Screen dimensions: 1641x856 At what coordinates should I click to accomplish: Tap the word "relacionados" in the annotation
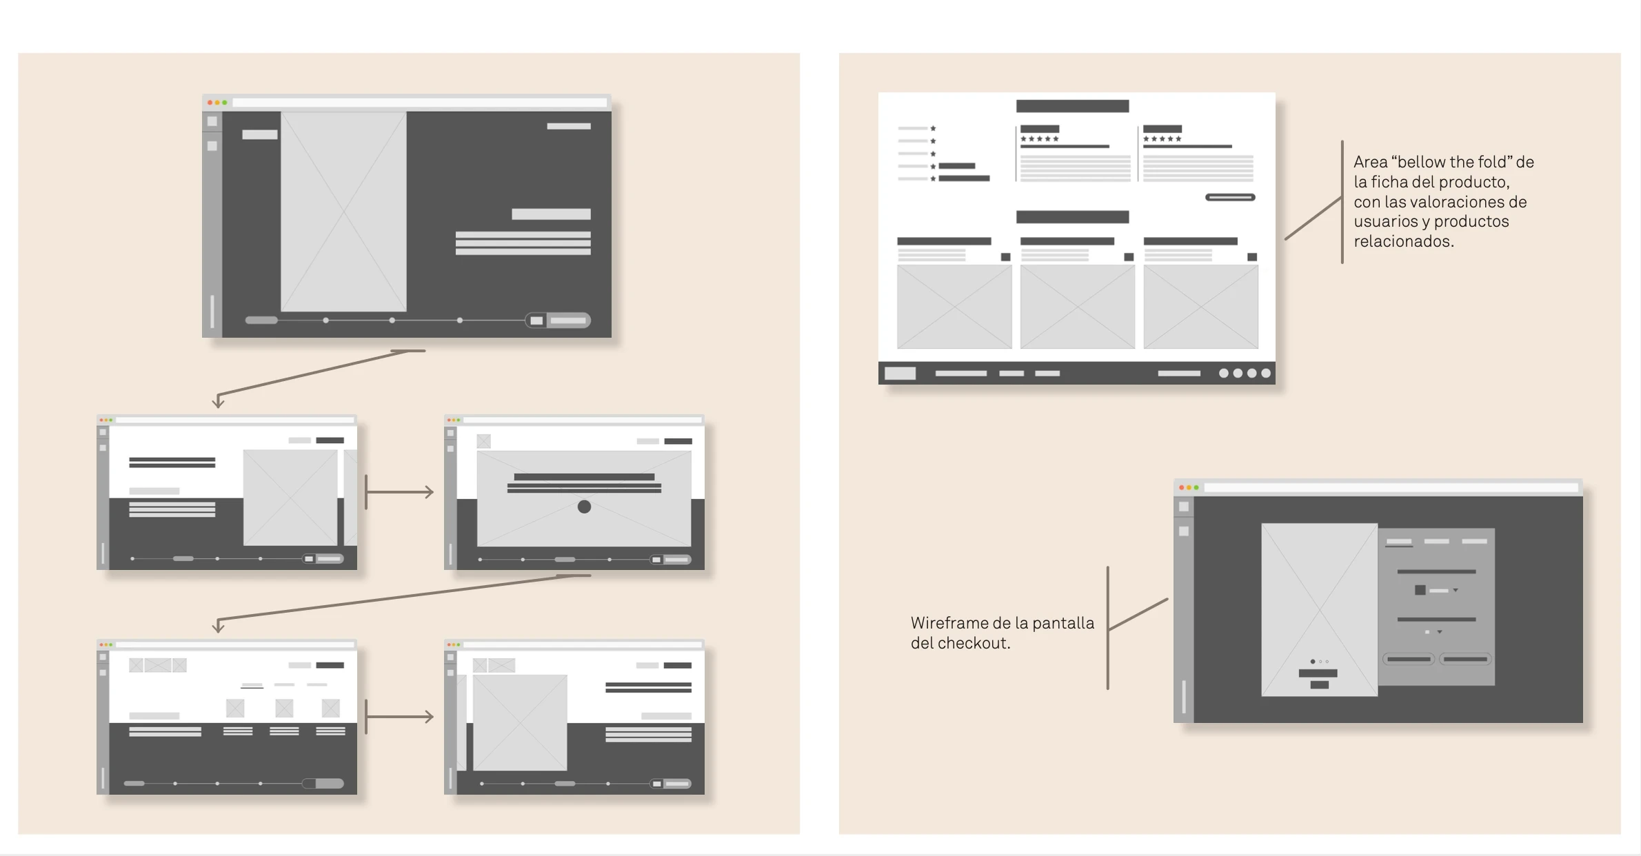pos(1403,241)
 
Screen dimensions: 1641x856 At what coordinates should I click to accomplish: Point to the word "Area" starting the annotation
pos(1370,162)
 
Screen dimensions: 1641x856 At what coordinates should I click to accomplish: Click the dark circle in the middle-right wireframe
pos(584,507)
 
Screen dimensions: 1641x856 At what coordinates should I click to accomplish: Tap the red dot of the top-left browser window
pos(210,103)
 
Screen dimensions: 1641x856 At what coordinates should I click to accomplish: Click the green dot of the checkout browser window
pos(1196,487)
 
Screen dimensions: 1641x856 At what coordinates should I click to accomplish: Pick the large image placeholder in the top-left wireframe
pos(343,212)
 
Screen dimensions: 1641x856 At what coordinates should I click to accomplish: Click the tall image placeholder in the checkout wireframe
pos(1319,609)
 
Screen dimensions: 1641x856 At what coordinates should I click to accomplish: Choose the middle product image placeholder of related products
pos(1077,307)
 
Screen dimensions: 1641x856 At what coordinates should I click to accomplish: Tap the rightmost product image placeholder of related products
pos(1200,307)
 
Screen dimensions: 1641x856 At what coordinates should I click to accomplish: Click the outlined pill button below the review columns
pos(1230,197)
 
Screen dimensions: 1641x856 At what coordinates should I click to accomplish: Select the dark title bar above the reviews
pos(1072,106)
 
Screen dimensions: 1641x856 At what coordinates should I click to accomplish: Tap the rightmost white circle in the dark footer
pos(1266,373)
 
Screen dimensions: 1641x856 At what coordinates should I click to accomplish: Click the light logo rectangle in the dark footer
pos(900,373)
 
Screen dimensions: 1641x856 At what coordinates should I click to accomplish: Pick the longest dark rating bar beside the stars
pos(964,179)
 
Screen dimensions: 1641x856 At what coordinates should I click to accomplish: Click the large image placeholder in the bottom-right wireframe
pos(520,722)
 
